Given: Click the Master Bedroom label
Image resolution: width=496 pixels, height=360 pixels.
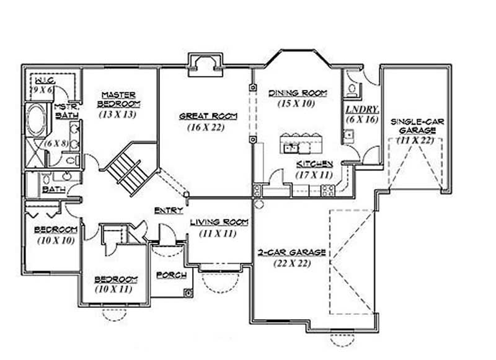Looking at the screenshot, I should coord(119,99).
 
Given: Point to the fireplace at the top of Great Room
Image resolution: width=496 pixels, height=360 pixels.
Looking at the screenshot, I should coord(204,62).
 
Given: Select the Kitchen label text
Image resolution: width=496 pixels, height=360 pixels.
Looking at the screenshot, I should coord(314,164).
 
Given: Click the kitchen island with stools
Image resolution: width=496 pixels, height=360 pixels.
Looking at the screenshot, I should coord(303,144).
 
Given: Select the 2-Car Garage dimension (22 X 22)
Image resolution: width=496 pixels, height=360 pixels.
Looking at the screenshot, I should coord(292,263).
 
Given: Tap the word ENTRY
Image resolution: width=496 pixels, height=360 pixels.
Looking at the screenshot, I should coord(168,211).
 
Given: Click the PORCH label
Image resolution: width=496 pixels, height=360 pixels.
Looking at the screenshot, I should coord(168,274).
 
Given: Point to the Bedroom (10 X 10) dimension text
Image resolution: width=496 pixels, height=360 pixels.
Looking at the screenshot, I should coord(56,239).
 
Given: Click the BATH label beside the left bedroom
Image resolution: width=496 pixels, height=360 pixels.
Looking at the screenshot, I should coord(53,189).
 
